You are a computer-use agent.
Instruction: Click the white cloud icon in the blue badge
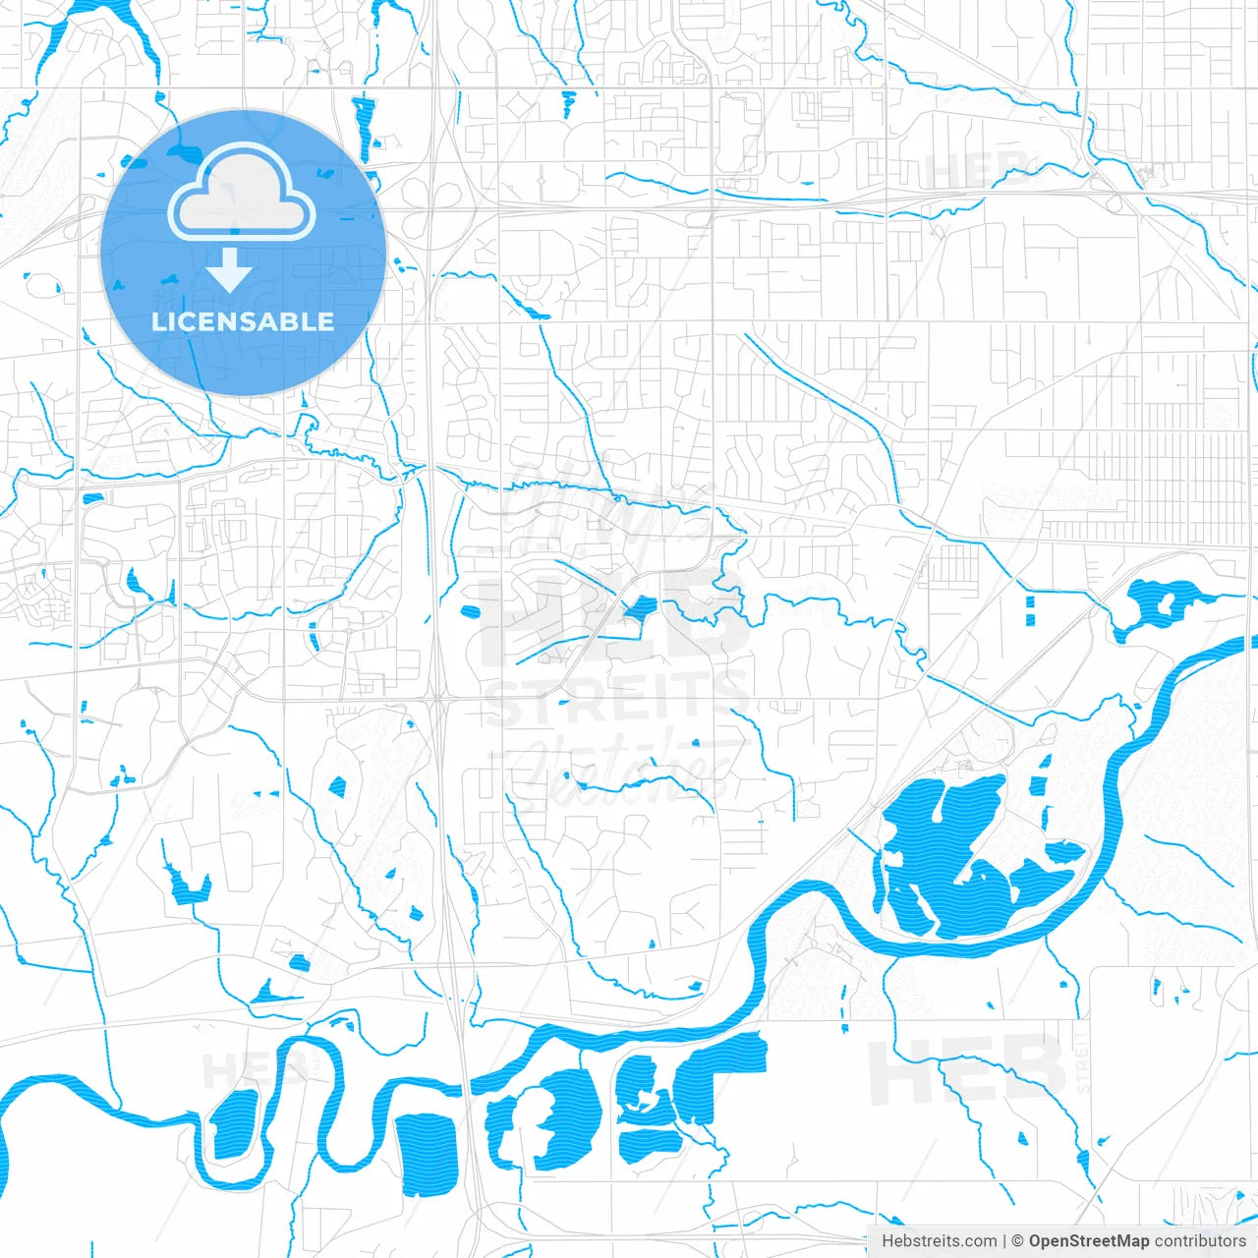click(242, 193)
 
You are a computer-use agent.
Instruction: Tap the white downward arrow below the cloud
click(229, 269)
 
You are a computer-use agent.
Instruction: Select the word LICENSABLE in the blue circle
click(243, 321)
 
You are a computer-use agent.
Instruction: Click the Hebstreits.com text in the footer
click(939, 1241)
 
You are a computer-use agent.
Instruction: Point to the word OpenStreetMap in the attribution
click(1088, 1241)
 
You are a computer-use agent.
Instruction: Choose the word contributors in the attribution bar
click(1200, 1241)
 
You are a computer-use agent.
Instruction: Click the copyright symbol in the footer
click(1017, 1241)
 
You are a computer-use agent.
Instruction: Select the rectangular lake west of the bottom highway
click(427, 1154)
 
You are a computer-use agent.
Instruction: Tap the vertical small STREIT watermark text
click(1082, 1062)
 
